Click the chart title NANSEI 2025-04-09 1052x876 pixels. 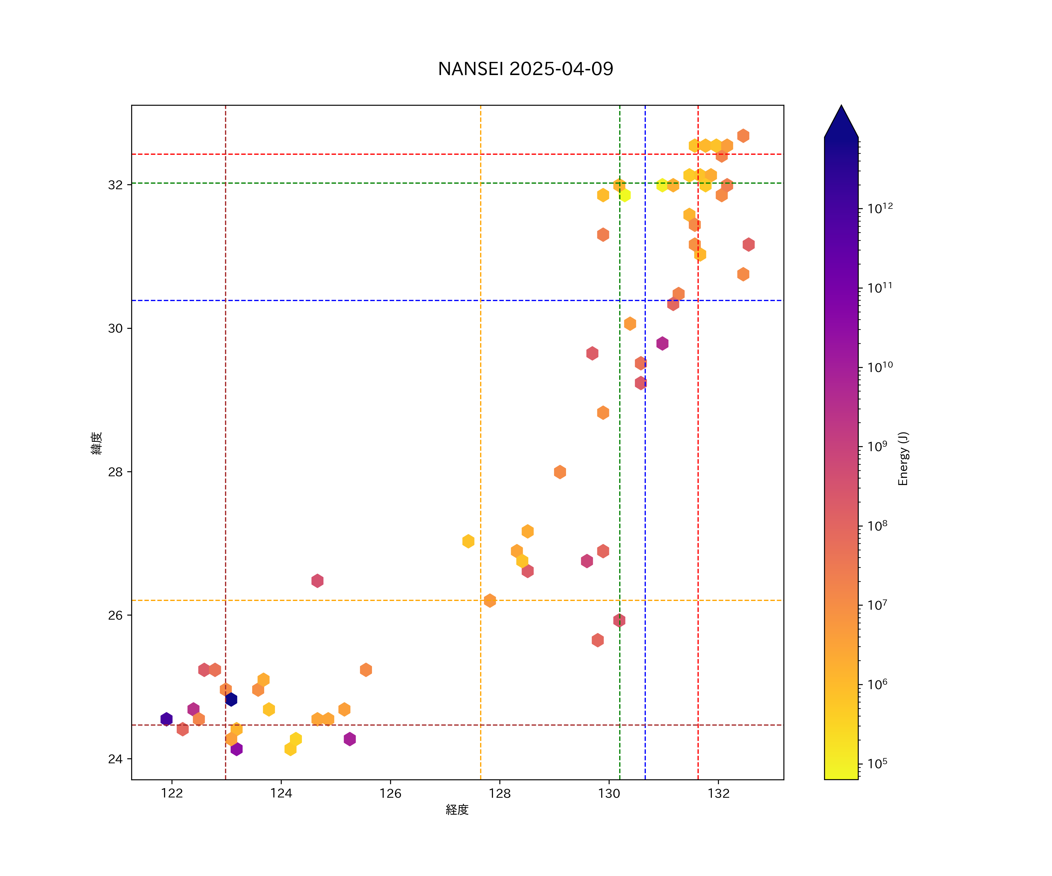525,69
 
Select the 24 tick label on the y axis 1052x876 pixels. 115,759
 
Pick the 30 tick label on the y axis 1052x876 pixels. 115,328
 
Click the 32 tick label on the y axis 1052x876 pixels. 115,185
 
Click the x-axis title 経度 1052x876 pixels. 457,810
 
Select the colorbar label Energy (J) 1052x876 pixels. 903,458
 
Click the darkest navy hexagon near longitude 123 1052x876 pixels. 231,699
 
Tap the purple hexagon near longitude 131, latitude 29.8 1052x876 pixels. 662,343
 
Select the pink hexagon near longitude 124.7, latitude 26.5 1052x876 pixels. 317,581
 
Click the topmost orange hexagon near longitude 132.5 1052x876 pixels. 743,136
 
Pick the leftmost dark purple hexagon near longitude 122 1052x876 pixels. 166,719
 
